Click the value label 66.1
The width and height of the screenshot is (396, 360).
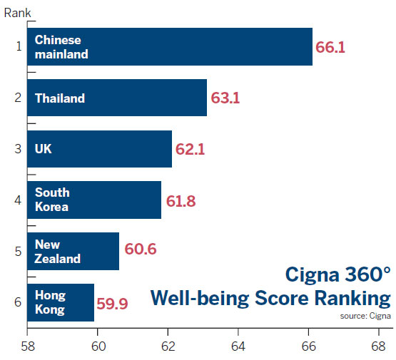pyautogui.click(x=330, y=47)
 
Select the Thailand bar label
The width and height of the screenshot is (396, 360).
pyautogui.click(x=60, y=98)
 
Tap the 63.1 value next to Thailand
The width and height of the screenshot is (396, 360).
pyautogui.click(x=225, y=98)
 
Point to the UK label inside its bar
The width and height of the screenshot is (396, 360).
pyautogui.click(x=44, y=149)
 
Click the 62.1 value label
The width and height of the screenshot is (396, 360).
pyautogui.click(x=190, y=150)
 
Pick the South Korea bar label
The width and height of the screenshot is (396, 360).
pyautogui.click(x=52, y=200)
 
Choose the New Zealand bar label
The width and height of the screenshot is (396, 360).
pyautogui.click(x=58, y=252)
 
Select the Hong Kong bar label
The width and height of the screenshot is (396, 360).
pyautogui.click(x=50, y=302)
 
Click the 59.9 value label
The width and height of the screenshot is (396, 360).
pyautogui.click(x=112, y=303)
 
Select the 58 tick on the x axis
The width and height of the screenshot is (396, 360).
pyautogui.click(x=27, y=347)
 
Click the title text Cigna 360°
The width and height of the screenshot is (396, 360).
pyautogui.click(x=338, y=274)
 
